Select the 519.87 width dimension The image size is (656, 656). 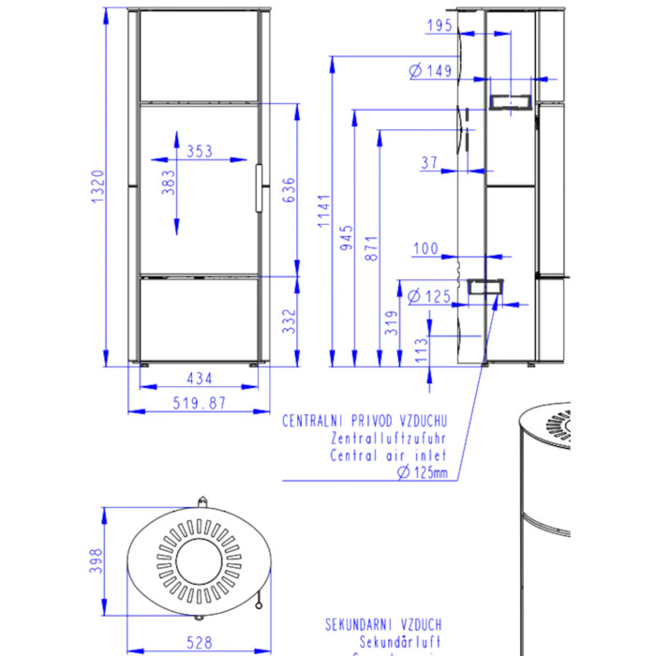coord(199,403)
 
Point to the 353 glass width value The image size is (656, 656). coord(199,151)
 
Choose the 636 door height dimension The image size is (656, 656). coord(289,190)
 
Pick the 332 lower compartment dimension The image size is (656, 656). coord(289,321)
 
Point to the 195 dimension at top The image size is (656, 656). coord(438,26)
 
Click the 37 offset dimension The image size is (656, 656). coord(429,162)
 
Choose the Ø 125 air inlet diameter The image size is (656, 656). coord(431,296)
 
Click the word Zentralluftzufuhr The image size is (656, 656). coord(389,438)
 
